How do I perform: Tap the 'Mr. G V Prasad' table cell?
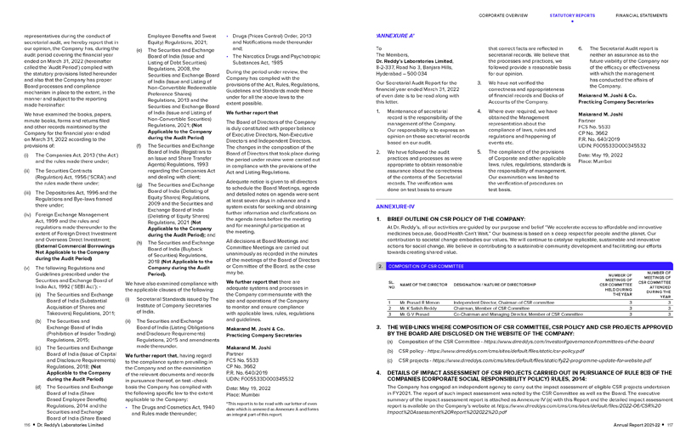coord(412,314)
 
